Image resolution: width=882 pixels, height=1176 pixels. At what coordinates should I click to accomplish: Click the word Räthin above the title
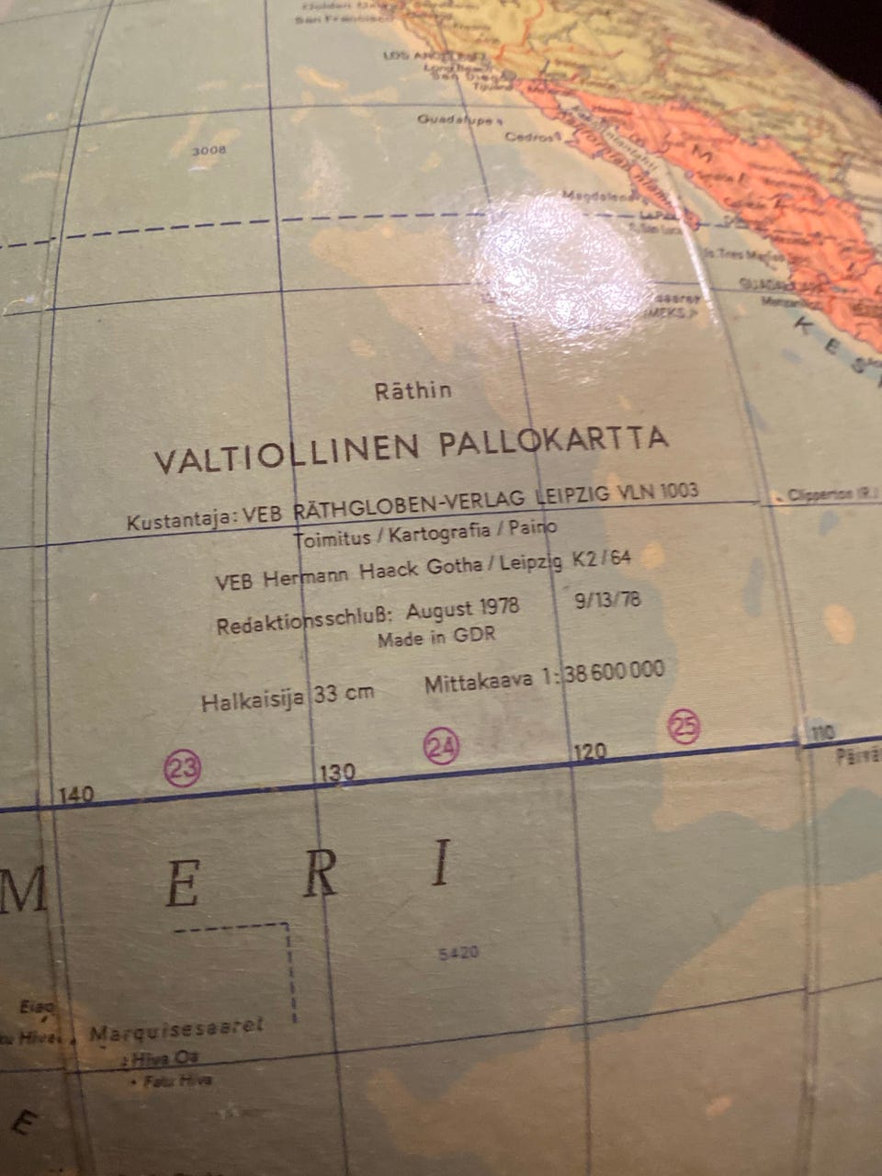pyautogui.click(x=413, y=390)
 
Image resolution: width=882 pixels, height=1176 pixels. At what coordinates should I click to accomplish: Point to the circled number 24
pyautogui.click(x=441, y=745)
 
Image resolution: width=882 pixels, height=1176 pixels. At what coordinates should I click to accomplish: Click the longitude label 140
pyautogui.click(x=75, y=794)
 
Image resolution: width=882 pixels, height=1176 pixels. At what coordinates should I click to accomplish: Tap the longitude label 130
pyautogui.click(x=336, y=773)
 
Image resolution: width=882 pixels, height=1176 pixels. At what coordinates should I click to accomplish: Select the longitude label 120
pyautogui.click(x=589, y=752)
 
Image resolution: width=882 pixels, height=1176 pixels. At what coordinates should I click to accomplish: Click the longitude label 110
pyautogui.click(x=821, y=732)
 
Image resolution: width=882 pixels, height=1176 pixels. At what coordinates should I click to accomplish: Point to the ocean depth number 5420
pyautogui.click(x=458, y=954)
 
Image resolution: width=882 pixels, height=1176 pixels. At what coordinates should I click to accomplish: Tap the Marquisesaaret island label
pyautogui.click(x=176, y=1030)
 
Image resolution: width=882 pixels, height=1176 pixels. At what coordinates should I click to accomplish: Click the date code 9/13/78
pyautogui.click(x=606, y=602)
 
